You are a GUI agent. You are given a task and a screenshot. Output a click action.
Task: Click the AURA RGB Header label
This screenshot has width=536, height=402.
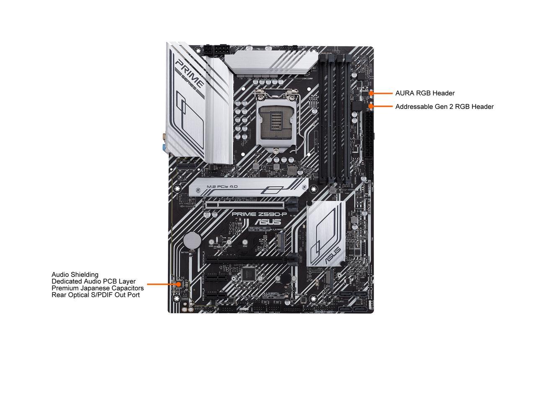425,93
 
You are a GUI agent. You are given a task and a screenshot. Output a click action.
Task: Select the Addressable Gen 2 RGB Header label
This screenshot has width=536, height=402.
444,106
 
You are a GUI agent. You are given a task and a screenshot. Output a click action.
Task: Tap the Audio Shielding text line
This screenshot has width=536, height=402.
75,275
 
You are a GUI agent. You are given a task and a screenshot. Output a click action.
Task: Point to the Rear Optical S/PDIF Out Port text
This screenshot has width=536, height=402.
95,295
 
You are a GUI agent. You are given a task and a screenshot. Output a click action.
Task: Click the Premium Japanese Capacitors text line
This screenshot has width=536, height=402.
98,288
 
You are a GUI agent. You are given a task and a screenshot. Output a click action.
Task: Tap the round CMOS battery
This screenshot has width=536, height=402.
192,241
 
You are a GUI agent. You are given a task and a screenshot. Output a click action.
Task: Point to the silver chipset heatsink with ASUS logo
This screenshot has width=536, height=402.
327,233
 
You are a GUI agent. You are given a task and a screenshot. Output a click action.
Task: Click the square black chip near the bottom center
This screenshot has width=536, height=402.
249,274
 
